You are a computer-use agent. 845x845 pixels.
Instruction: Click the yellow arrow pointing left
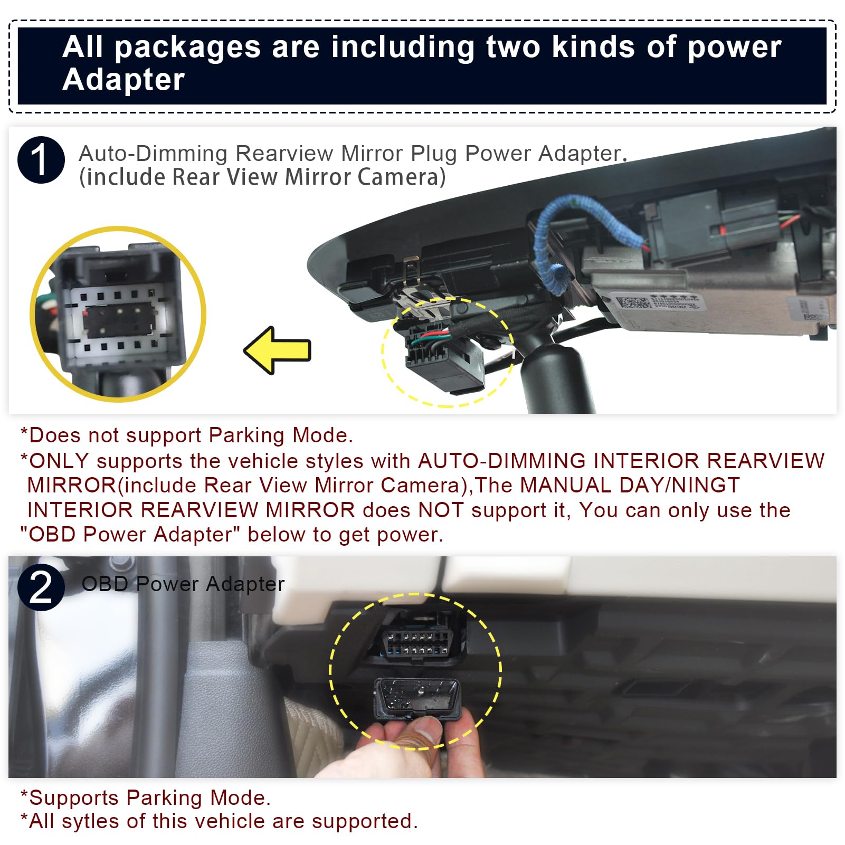tap(278, 350)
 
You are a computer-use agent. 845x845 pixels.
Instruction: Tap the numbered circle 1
tap(41, 160)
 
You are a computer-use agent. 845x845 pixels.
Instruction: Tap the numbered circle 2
tap(41, 587)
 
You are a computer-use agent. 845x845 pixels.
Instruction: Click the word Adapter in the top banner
tap(124, 80)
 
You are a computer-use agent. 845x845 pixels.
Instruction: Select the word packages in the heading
tap(187, 47)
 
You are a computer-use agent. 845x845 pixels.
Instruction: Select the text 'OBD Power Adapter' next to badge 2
tap(183, 584)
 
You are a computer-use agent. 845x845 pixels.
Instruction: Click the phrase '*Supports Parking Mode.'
tap(146, 797)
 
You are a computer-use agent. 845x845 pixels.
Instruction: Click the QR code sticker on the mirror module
tap(633, 303)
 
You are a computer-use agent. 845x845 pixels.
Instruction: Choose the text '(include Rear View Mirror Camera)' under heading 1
tap(262, 177)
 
